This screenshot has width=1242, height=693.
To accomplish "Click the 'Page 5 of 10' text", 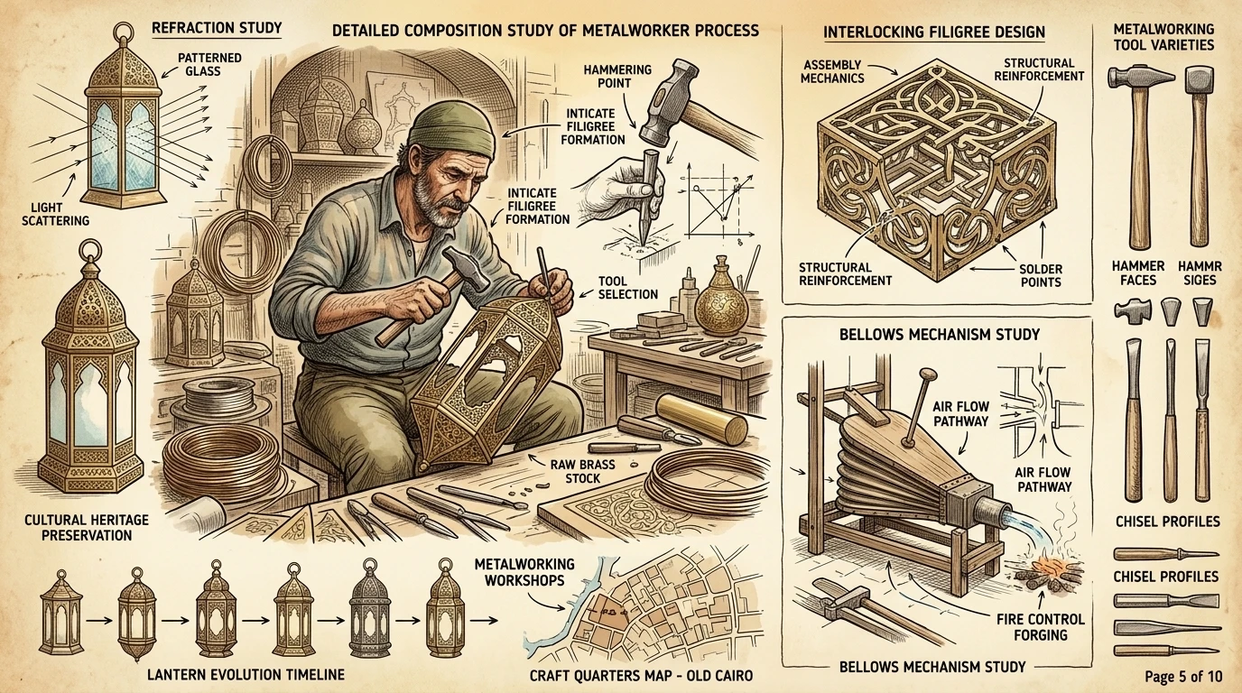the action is click(x=1183, y=677).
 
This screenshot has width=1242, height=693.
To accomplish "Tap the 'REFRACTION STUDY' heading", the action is click(x=217, y=28).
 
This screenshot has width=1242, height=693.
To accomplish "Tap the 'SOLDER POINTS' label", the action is click(x=1041, y=275).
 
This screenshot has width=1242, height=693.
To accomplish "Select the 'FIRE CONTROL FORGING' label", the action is click(x=1040, y=626).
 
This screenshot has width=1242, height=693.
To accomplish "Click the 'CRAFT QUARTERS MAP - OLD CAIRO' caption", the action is click(x=641, y=676).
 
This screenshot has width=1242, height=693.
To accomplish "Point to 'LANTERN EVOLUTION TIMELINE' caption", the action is click(x=246, y=675).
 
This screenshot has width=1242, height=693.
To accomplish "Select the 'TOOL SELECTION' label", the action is click(x=627, y=287).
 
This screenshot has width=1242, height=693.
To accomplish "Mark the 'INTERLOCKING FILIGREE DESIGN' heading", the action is click(x=933, y=32).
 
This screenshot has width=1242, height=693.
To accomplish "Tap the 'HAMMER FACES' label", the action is click(x=1138, y=273).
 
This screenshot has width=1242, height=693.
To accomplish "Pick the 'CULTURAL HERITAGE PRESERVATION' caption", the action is click(x=87, y=527).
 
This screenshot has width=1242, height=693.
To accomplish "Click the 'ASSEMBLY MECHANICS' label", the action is click(x=832, y=71).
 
